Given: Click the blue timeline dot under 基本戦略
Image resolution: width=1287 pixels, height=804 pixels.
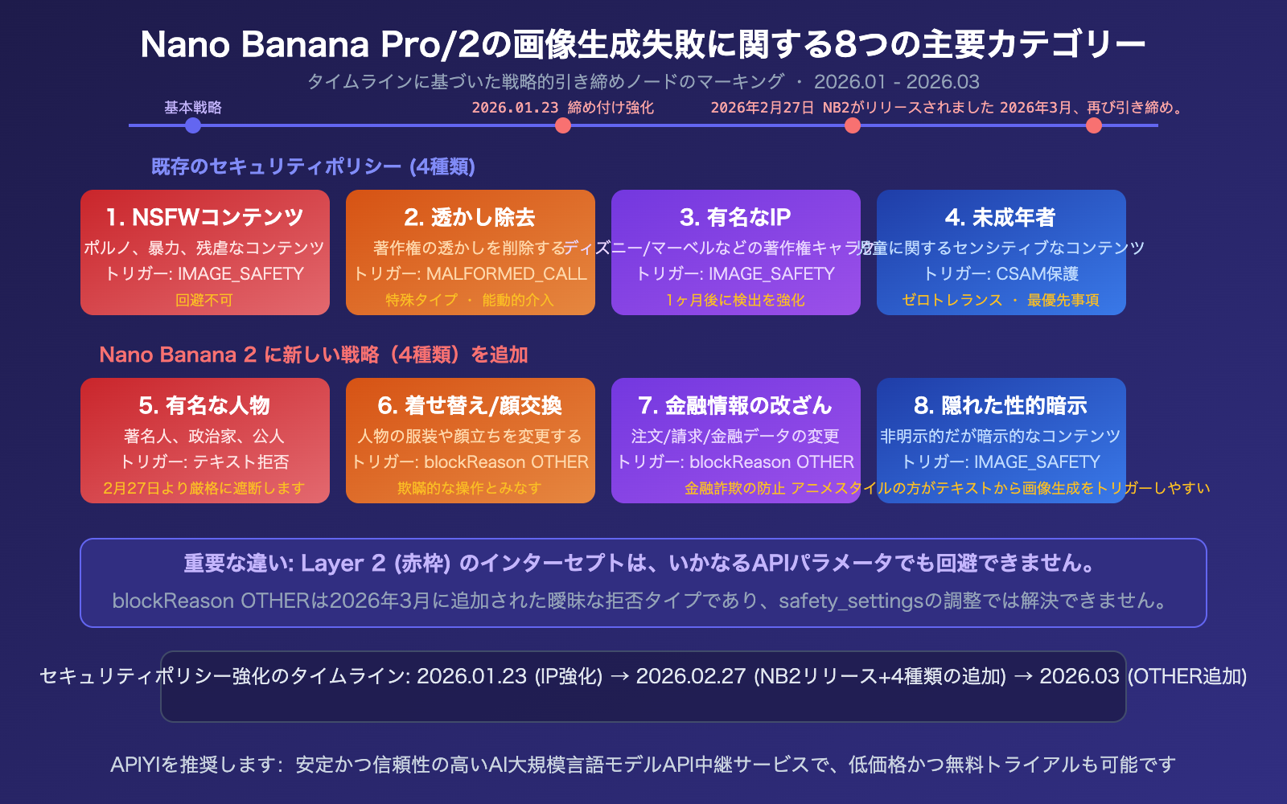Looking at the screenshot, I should (x=192, y=125).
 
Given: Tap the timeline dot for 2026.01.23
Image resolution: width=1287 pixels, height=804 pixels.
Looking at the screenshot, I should (x=563, y=125).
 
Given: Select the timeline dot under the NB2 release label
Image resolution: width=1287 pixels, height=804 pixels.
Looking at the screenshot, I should (x=853, y=125).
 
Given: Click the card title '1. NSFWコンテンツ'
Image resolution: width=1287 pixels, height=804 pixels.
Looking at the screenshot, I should (x=204, y=217).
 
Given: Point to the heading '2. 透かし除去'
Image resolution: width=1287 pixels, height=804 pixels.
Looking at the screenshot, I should (x=470, y=217).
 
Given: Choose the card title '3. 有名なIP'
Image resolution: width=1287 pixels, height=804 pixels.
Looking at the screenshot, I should (x=735, y=217).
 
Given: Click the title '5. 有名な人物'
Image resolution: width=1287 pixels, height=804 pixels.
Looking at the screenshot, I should (x=204, y=405).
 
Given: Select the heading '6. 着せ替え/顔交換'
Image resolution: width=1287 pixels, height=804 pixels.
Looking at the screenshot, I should (x=470, y=405).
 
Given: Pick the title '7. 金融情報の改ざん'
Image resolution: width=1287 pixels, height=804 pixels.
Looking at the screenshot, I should (x=735, y=405).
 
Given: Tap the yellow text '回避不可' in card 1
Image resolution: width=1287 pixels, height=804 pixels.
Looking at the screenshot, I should (x=204, y=300).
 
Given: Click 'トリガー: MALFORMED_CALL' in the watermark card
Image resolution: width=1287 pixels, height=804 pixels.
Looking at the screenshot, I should (x=470, y=273).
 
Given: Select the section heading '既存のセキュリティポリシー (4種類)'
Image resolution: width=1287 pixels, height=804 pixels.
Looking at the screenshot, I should (x=313, y=166).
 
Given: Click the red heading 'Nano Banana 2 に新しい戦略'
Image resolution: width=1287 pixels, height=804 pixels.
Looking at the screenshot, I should (x=313, y=355).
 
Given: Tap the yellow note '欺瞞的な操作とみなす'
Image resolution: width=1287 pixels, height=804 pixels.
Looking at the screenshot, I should (x=470, y=488).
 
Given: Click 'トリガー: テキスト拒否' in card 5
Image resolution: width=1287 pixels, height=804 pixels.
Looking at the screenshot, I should (x=204, y=461).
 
